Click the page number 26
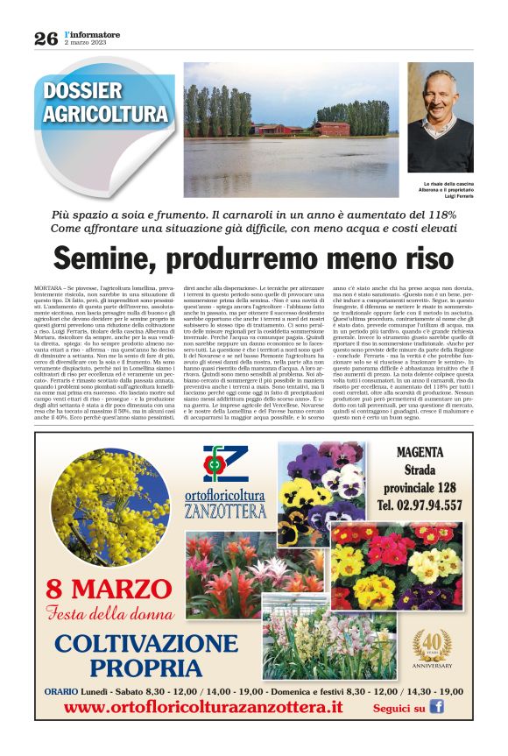[x=46, y=38]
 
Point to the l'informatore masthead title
[x=92, y=33]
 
